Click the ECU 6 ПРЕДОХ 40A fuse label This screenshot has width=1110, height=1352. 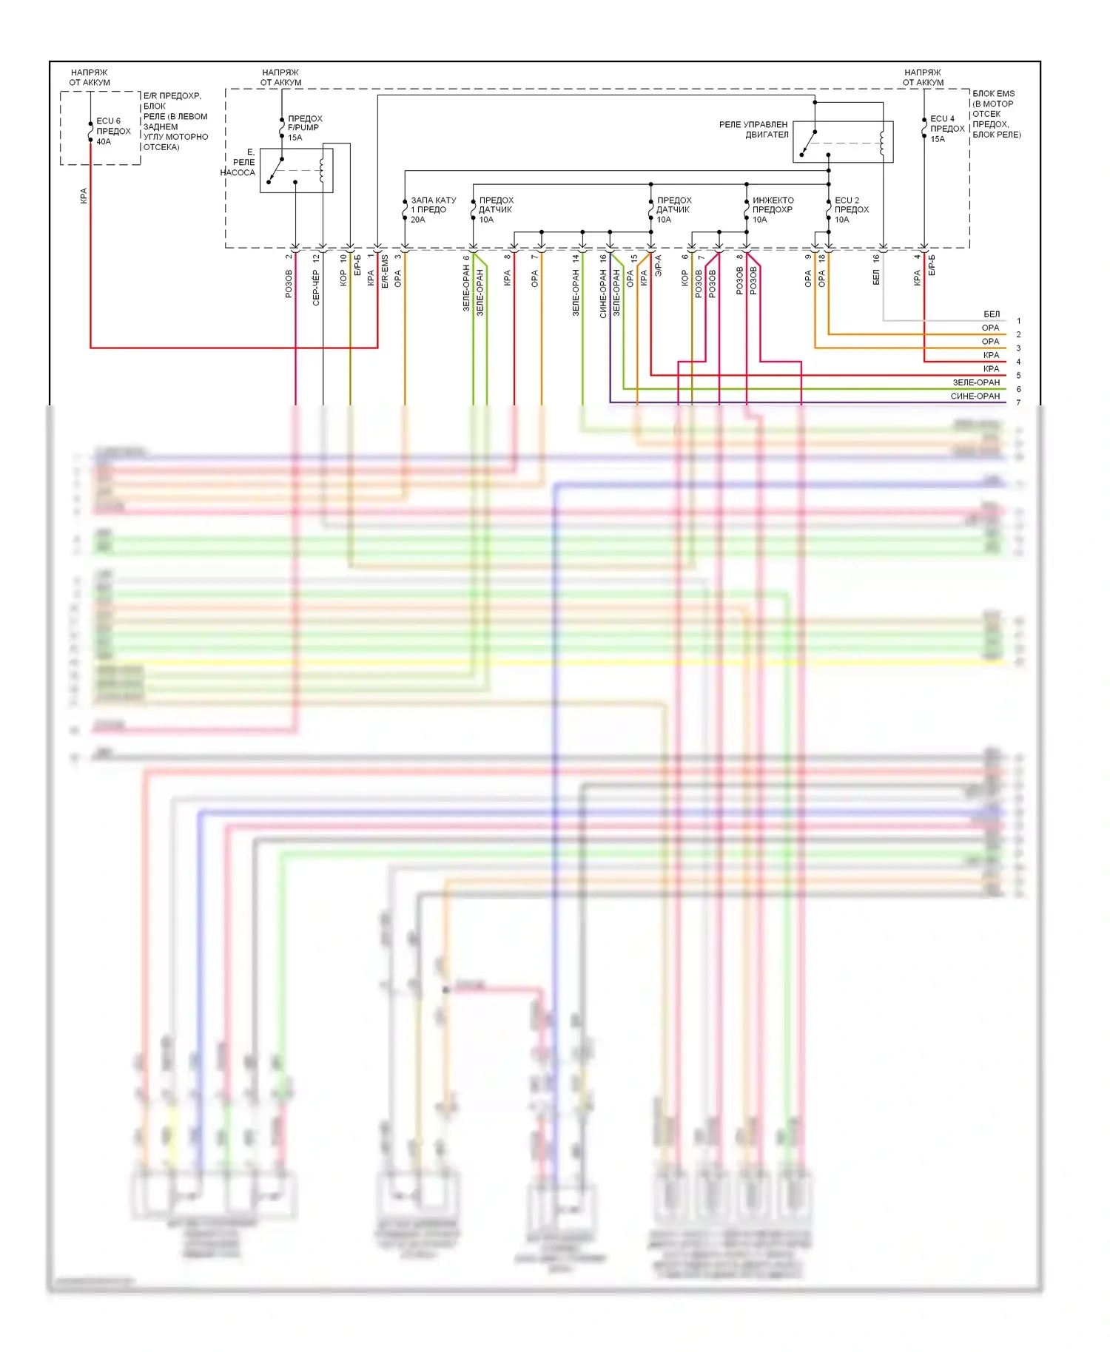(x=112, y=131)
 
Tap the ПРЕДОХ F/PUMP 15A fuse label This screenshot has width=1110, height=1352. (x=304, y=127)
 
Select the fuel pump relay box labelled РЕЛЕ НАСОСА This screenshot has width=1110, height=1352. (x=296, y=170)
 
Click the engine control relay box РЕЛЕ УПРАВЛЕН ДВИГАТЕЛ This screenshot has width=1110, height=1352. (x=843, y=141)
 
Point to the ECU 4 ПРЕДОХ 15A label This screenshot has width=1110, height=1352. (x=946, y=128)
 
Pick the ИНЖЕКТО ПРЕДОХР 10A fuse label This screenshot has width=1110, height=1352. (x=772, y=209)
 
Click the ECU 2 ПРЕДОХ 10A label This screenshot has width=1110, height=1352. (x=851, y=209)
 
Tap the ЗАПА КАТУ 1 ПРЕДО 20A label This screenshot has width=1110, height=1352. (x=433, y=209)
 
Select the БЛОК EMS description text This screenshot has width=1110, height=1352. (x=996, y=114)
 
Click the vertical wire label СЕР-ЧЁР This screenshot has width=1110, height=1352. (x=316, y=288)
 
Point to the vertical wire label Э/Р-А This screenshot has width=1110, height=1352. (x=658, y=266)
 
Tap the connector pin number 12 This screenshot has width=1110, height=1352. (x=316, y=258)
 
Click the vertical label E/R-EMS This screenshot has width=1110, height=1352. (x=385, y=271)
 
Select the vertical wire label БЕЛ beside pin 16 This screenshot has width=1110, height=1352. (x=876, y=277)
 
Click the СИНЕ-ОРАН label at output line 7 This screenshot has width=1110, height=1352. (x=975, y=396)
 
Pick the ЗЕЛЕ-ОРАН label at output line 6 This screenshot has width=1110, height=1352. (x=975, y=382)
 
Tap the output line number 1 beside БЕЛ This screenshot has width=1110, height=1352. (x=1018, y=321)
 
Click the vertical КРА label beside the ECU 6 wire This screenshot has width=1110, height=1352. (x=84, y=196)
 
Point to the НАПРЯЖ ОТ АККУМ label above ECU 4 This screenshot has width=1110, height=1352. (x=922, y=78)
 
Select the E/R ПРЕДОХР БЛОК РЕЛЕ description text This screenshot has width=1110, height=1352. (x=175, y=121)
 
